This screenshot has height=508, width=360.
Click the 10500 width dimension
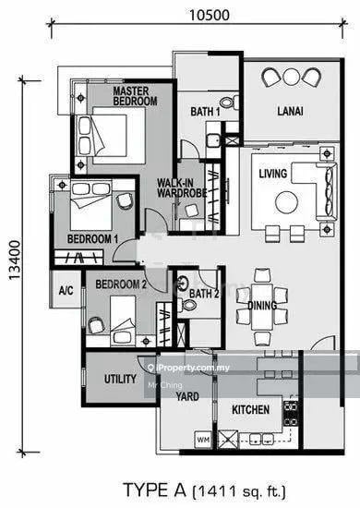(210, 15)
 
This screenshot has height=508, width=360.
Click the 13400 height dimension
(15, 260)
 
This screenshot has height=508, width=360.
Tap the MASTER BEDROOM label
(135, 96)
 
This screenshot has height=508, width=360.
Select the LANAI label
(290, 111)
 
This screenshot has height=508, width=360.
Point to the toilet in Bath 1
(230, 103)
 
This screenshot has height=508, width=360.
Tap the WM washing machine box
(203, 440)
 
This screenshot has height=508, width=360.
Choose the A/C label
(66, 290)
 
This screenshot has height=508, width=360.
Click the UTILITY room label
(120, 379)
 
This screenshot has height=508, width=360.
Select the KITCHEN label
(250, 409)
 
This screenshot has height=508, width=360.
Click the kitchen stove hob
(291, 414)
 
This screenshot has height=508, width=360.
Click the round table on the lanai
(291, 77)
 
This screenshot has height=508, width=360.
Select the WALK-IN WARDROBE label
(182, 187)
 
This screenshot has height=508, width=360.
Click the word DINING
(262, 306)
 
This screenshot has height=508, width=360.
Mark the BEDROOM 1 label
(92, 239)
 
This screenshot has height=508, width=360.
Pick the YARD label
(187, 396)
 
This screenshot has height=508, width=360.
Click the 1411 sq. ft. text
(240, 491)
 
